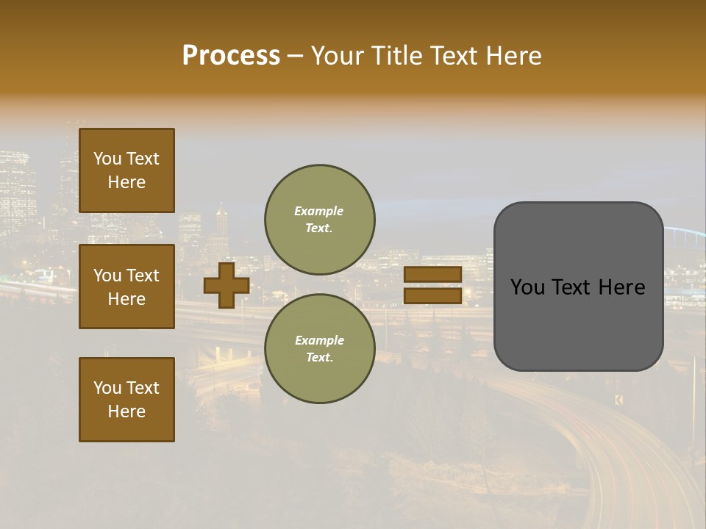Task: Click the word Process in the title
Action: [231, 56]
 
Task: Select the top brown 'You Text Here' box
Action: [126, 170]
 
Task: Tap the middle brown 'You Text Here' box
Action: [126, 287]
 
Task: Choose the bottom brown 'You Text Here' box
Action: [126, 400]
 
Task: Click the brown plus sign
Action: [227, 285]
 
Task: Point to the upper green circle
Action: [320, 195]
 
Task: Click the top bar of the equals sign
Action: [432, 274]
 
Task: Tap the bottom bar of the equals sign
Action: [432, 295]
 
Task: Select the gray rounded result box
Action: [578, 331]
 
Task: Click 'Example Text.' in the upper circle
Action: [319, 220]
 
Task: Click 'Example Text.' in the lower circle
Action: [319, 349]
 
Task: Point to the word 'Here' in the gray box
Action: [621, 287]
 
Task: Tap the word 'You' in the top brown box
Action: [107, 159]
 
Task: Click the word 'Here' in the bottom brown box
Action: [126, 411]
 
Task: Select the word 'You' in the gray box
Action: [527, 287]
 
